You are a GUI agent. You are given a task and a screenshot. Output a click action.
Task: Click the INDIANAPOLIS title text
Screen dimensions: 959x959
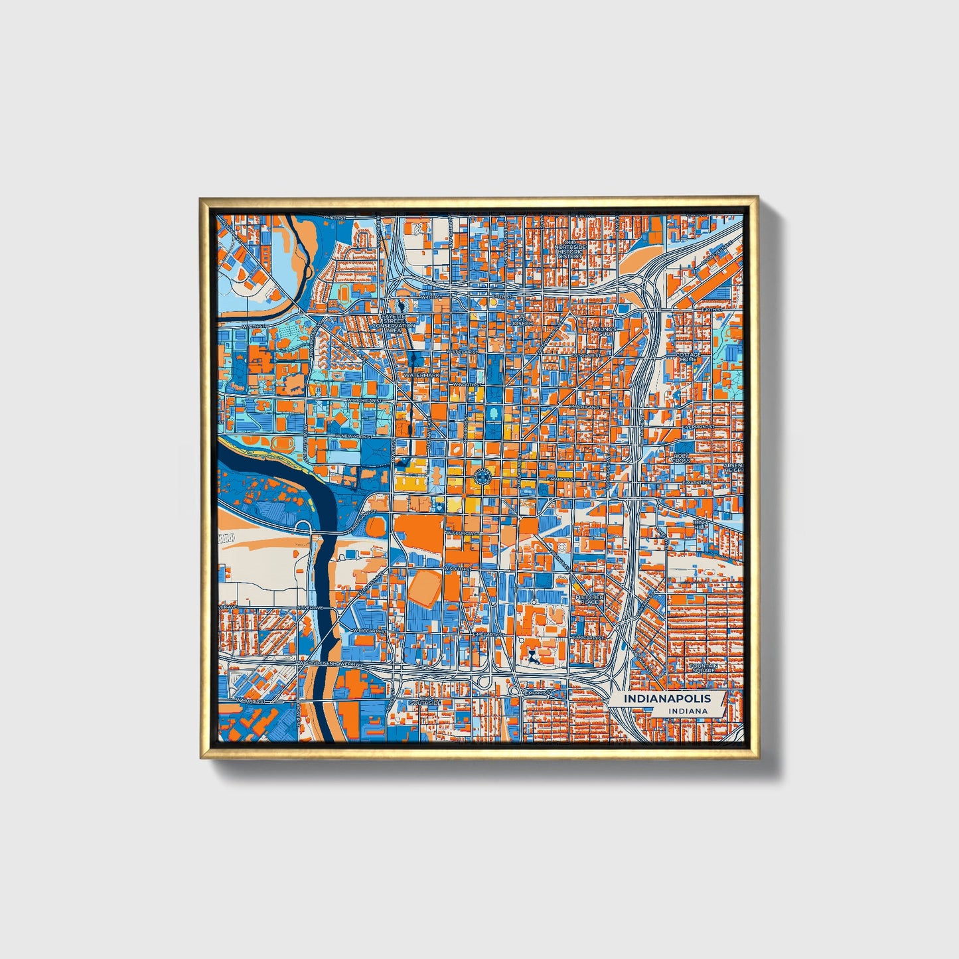pyautogui.click(x=666, y=698)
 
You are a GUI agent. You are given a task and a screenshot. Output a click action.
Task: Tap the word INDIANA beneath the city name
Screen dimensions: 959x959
pyautogui.click(x=688, y=711)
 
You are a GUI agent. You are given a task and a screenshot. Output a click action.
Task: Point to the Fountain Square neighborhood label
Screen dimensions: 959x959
pyautogui.click(x=703, y=668)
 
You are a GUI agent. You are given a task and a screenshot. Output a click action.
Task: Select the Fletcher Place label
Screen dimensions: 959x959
pyautogui.click(x=590, y=599)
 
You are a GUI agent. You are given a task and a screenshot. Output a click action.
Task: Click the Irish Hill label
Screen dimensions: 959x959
pyautogui.click(x=700, y=525)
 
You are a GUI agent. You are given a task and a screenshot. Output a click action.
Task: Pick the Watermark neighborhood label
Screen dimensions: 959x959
pyautogui.click(x=422, y=376)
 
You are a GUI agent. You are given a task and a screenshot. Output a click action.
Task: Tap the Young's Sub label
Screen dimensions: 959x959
pyautogui.click(x=604, y=331)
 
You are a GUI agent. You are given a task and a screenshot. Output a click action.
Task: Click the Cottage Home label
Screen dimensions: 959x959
pyautogui.click(x=688, y=357)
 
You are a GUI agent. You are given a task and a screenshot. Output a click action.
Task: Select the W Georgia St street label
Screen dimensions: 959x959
pyautogui.click(x=463, y=533)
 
